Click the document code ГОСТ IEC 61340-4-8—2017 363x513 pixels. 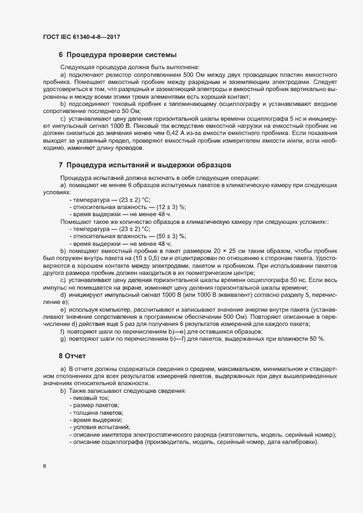pos(81,37)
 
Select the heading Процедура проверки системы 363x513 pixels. pos(121,54)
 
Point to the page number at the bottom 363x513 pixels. pos(44,466)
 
